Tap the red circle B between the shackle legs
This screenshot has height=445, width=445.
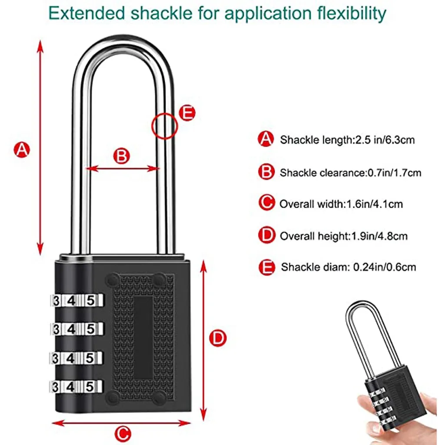(122, 156)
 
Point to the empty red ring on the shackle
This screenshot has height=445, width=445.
(165, 126)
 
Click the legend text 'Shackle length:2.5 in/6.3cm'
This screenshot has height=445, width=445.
(347, 140)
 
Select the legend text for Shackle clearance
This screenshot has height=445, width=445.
(350, 173)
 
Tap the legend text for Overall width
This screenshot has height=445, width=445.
(341, 204)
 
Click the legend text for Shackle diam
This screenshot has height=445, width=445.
(348, 267)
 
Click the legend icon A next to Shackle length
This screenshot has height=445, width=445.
(266, 139)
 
